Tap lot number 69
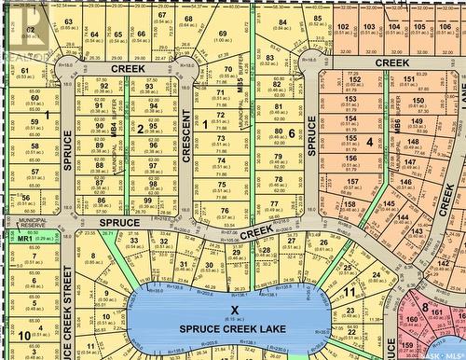tap(223, 35)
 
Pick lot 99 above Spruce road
tap(147, 201)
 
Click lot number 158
tap(349, 204)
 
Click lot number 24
tap(376, 274)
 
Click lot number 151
tap(408, 80)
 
